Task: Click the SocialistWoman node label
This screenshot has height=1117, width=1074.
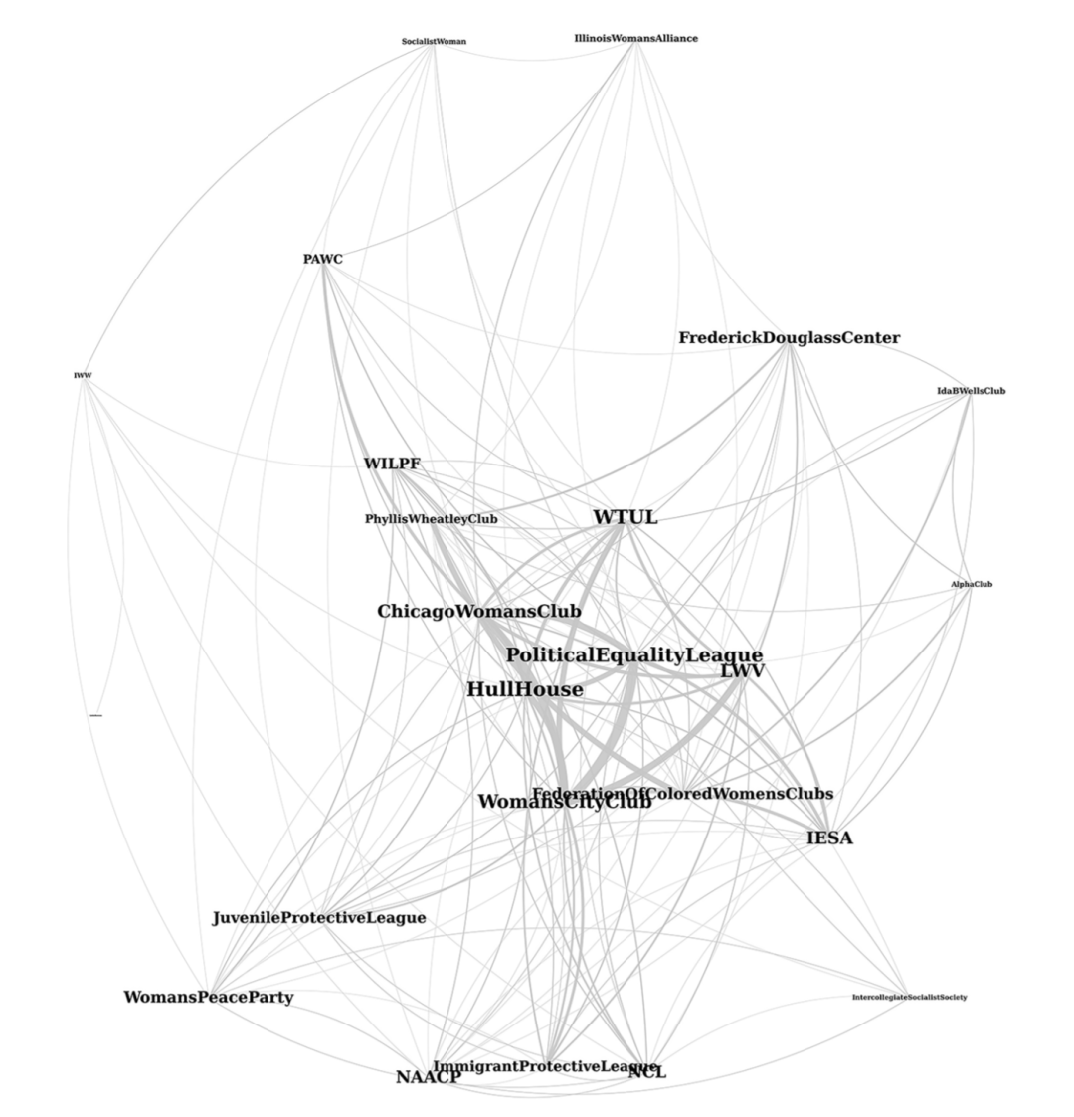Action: [x=434, y=42]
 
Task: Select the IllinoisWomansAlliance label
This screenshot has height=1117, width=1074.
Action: [x=635, y=39]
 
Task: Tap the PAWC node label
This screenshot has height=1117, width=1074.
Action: [x=323, y=260]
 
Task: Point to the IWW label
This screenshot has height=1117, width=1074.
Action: [x=83, y=376]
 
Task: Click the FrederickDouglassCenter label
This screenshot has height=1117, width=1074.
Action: [x=789, y=338]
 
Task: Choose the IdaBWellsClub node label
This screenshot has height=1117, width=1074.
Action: [x=971, y=391]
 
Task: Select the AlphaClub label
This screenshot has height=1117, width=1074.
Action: [x=972, y=585]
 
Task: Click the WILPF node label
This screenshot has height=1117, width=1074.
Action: [x=392, y=464]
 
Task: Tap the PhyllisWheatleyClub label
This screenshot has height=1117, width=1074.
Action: [x=431, y=519]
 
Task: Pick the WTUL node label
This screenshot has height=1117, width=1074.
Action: [x=625, y=518]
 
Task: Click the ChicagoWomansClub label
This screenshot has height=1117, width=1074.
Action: [x=478, y=611]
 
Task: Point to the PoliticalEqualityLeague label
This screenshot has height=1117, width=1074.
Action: [x=633, y=655]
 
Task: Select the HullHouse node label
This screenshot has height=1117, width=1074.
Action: [x=525, y=689]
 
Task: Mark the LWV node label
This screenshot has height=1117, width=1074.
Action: [x=743, y=672]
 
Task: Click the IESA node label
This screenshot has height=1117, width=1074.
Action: [x=828, y=838]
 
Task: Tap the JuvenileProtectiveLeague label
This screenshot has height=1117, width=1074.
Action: [x=318, y=918]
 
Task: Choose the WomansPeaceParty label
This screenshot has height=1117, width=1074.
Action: [x=208, y=997]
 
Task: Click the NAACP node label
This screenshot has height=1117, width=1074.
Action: [x=429, y=1077]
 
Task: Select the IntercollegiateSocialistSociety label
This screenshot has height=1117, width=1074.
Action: [x=909, y=997]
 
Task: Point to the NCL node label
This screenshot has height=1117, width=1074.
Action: [x=647, y=1072]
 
